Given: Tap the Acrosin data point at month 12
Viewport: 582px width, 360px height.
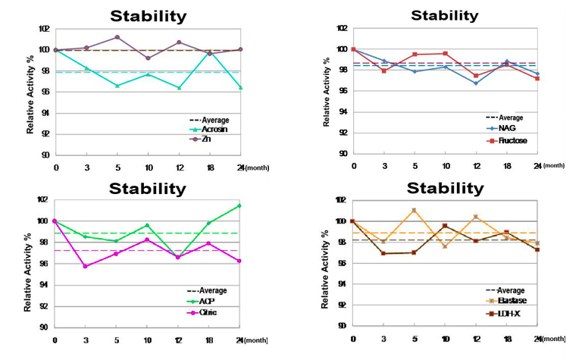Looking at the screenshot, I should tap(179, 88).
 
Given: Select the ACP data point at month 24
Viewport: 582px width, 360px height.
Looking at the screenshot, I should tap(239, 205).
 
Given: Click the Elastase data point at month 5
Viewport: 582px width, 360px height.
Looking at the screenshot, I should tap(415, 210).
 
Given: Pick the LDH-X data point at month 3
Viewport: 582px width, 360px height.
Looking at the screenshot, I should tap(384, 253).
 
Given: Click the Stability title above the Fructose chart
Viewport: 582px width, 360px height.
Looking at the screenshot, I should tap(444, 15).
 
